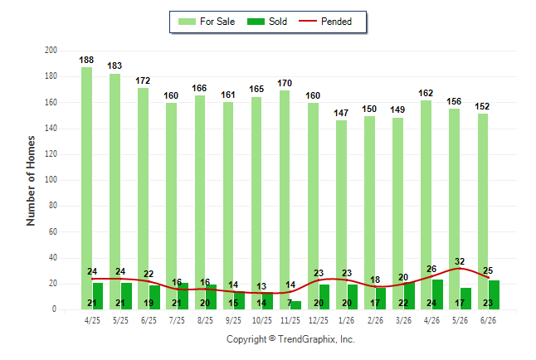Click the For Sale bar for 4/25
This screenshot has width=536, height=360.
pos(86,188)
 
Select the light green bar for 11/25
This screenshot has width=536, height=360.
pos(285,200)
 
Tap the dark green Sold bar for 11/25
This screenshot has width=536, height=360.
pos(295,305)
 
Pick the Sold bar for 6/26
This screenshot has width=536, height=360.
pos(494,295)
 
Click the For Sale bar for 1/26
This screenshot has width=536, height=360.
pos(341,215)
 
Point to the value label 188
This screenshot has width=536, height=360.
pos(86,61)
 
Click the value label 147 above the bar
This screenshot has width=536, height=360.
pos(341,113)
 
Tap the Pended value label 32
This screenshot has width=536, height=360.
pos(460,261)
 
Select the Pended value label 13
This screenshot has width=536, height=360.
pos(261,286)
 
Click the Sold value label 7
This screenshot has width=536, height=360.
pos(290,303)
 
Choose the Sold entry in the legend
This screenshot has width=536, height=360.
pos(267,22)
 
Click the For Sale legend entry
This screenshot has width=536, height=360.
pos(207,22)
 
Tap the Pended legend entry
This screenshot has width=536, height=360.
pos(325,22)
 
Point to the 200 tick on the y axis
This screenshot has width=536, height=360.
pos(51,51)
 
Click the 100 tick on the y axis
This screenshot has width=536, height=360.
pos(51,180)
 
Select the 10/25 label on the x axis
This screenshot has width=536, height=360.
pos(262,320)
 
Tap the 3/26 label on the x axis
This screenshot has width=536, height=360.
pos(403,320)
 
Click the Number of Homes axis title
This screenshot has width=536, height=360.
pos(31,181)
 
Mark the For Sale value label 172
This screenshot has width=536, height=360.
pos(143,80)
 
